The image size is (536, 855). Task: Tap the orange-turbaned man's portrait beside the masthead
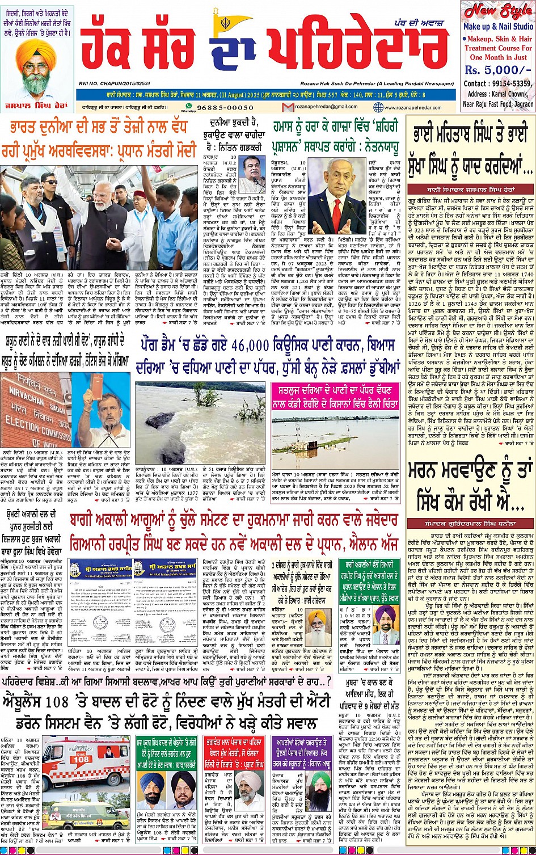[x=36, y=68]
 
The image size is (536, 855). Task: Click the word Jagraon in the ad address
[x=523, y=104]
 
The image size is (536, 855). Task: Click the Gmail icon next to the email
[x=288, y=107]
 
